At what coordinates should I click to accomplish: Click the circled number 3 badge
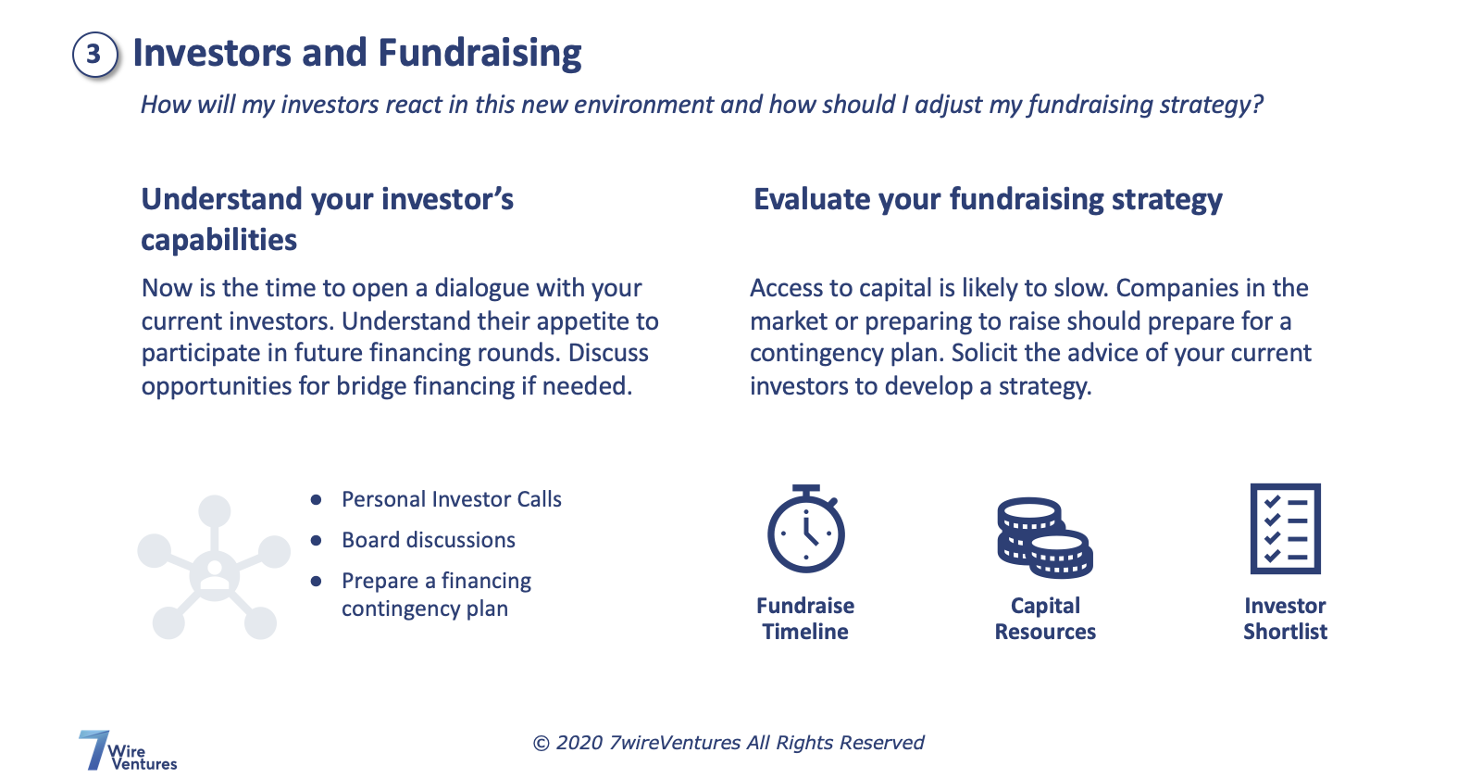pos(94,55)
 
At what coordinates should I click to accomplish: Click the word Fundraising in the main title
pos(479,54)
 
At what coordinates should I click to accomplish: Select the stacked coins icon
pos(1044,537)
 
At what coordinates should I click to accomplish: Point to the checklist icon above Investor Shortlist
pos(1285,529)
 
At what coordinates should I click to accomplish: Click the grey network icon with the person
pos(214,568)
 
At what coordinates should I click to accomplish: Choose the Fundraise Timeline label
pos(805,619)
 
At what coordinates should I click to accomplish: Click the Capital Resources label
pos(1045,619)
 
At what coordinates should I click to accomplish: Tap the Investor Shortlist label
pos(1285,619)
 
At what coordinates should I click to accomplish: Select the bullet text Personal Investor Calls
pos(451,499)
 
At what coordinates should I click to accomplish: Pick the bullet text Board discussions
pos(428,540)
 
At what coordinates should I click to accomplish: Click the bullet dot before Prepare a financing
pos(317,582)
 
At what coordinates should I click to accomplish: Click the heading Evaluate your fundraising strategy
pos(987,200)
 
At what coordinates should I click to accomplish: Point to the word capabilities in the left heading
pos(218,241)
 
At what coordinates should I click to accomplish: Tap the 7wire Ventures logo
pos(126,751)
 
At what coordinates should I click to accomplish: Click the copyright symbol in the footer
pos(542,744)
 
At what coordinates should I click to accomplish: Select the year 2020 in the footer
pos(579,743)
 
